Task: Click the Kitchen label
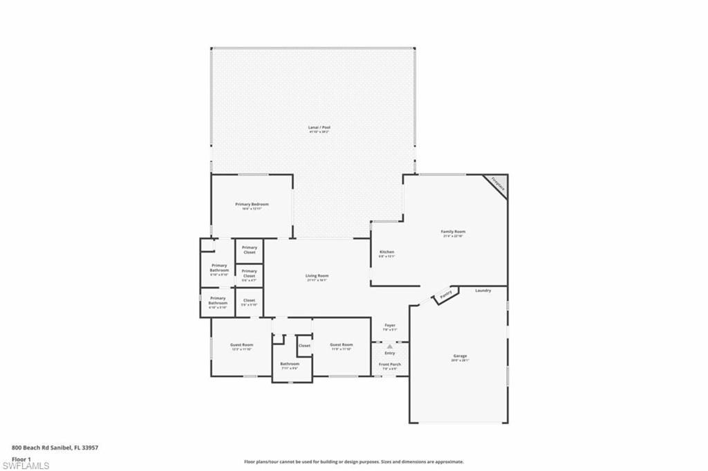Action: click(x=386, y=252)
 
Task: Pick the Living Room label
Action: click(x=317, y=277)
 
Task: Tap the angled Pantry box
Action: click(x=445, y=296)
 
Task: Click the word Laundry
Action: click(x=483, y=290)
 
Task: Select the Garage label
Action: click(x=460, y=357)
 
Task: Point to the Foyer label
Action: click(x=389, y=326)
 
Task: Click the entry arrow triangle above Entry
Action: click(x=389, y=346)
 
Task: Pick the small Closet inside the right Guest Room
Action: click(x=304, y=346)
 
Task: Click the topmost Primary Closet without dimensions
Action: click(x=250, y=250)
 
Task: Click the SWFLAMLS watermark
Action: click(x=25, y=465)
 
